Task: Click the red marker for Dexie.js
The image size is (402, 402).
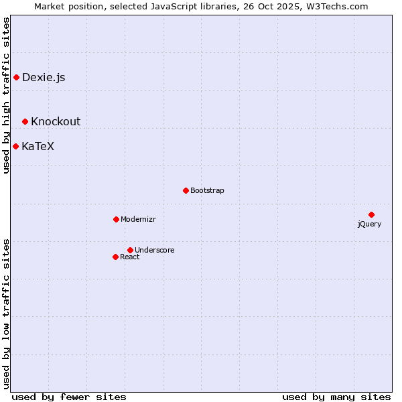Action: tap(16, 78)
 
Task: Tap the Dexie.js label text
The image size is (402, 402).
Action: tap(44, 78)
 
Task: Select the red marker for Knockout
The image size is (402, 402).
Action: tap(25, 121)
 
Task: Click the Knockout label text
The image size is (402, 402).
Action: tap(56, 121)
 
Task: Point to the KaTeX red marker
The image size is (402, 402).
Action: tap(15, 146)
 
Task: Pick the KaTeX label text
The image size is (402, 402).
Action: tap(38, 146)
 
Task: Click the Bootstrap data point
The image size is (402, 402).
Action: tap(186, 190)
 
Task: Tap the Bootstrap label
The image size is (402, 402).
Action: tap(207, 191)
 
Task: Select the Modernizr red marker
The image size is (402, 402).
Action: tap(116, 219)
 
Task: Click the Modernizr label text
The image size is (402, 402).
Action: tap(138, 220)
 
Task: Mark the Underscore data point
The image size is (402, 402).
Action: tap(130, 250)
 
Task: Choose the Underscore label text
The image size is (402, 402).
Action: tap(154, 251)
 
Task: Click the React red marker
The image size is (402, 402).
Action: tap(115, 257)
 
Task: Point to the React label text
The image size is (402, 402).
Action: tap(130, 257)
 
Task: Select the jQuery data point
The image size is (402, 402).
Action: tap(371, 214)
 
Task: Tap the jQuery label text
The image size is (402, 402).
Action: tap(369, 224)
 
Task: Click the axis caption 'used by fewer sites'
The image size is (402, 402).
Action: tap(69, 397)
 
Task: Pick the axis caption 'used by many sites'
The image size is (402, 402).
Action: tap(336, 397)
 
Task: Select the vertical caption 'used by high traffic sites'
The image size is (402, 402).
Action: tap(6, 96)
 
